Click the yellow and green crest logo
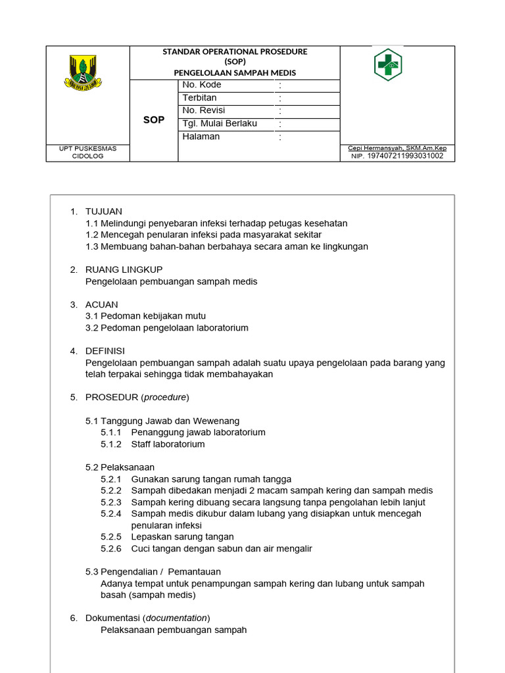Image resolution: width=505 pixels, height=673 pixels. click(87, 72)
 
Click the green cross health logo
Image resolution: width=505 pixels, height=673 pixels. click(388, 64)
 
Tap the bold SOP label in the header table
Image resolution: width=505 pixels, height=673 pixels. click(154, 120)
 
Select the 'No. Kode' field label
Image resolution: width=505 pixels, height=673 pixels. click(202, 85)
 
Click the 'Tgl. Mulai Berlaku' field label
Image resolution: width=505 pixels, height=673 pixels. click(220, 124)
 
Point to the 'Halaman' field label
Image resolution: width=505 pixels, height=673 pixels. click(201, 137)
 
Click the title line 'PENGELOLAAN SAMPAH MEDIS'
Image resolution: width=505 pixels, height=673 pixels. click(235, 72)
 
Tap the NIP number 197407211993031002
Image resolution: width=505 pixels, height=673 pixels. click(405, 156)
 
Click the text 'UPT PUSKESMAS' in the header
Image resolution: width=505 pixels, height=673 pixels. click(87, 149)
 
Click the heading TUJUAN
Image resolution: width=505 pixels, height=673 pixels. click(104, 212)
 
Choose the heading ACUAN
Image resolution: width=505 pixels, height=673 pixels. click(102, 304)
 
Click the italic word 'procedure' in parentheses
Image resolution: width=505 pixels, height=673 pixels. click(165, 398)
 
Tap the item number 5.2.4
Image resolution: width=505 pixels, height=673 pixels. click(111, 514)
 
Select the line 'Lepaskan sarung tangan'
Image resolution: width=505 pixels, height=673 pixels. click(182, 537)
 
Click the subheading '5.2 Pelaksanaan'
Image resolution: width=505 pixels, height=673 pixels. click(120, 467)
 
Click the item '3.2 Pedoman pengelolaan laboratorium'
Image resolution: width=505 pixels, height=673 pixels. click(167, 328)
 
